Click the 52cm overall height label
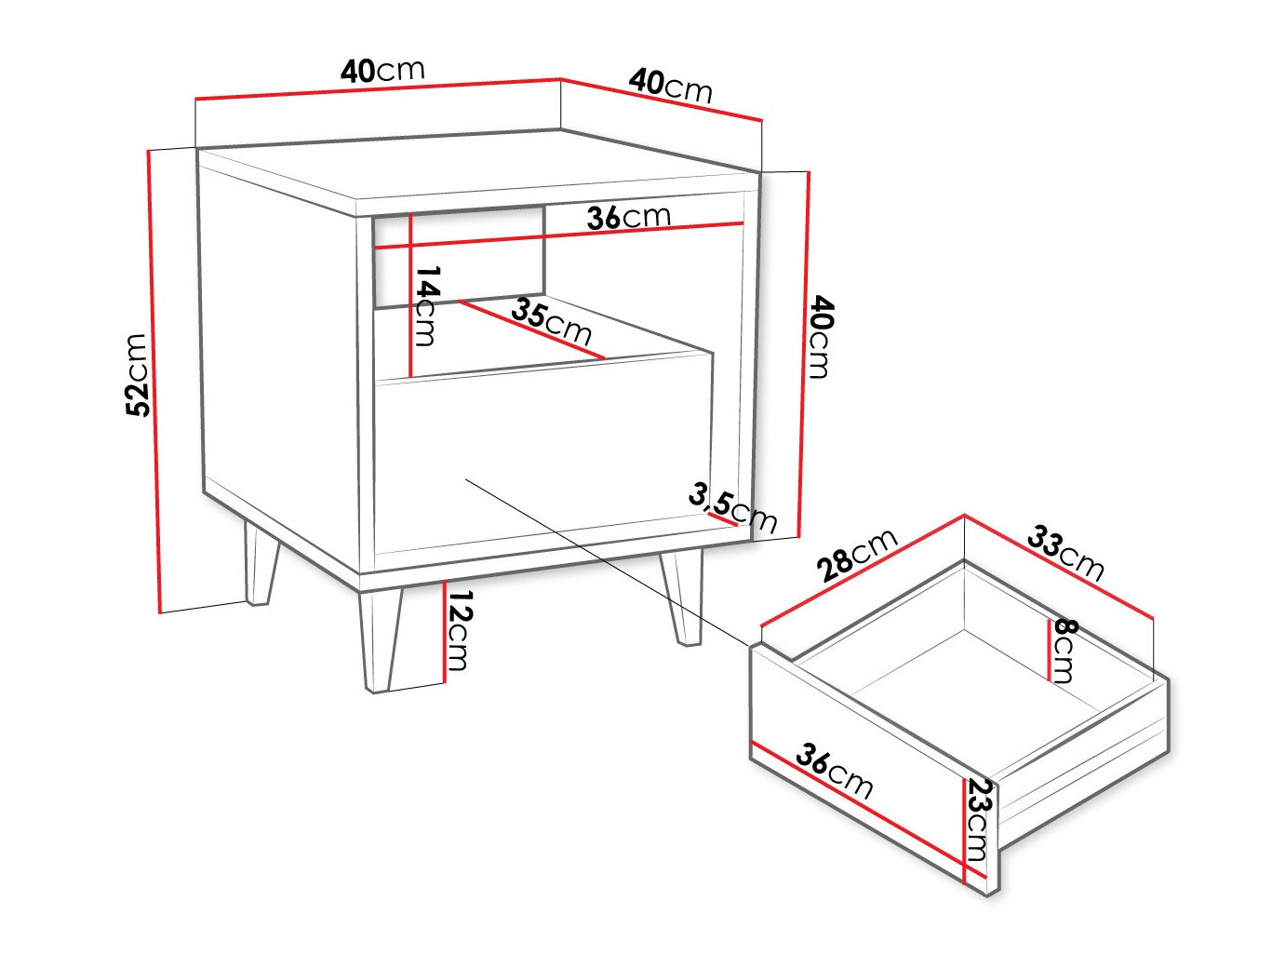pos(137,374)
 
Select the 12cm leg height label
pos(459,630)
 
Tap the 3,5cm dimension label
pos(732,507)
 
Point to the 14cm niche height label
pos(426,305)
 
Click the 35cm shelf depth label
pos(551,321)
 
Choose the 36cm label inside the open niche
pos(628,217)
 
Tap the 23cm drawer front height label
pos(977,819)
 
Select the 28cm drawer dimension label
pos(858,554)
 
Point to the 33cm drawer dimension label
pos(1066,552)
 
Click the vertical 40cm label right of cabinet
pos(820,337)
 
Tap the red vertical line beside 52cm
pos(154,382)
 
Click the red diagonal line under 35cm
pos(531,329)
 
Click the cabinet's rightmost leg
pos(682,598)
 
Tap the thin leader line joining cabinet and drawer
pos(605,559)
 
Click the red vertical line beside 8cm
pos(1050,649)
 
